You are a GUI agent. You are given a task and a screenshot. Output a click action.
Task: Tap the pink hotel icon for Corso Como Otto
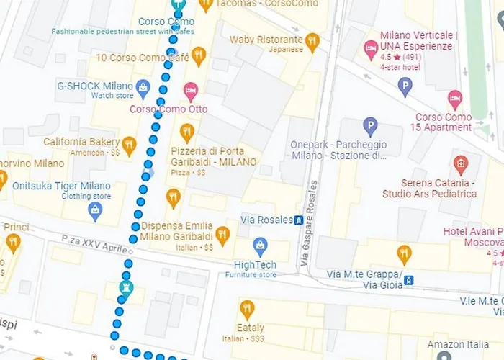(191, 91)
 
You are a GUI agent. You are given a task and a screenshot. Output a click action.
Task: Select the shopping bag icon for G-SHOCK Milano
(143, 89)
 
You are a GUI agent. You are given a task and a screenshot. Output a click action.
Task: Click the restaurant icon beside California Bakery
(130, 145)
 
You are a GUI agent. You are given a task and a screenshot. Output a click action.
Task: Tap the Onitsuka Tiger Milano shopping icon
(94, 210)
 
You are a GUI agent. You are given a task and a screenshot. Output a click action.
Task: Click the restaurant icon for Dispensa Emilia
(223, 234)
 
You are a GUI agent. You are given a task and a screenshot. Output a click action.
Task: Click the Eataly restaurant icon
(247, 309)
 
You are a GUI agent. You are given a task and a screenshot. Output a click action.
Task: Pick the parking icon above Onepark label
(370, 127)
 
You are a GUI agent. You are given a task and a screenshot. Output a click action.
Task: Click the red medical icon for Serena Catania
(461, 163)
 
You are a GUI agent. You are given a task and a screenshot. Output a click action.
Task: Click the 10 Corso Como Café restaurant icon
(199, 57)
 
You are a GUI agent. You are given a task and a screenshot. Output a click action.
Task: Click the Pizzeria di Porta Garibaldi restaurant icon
(187, 132)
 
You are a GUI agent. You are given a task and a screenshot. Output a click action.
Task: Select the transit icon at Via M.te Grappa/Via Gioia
(408, 279)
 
